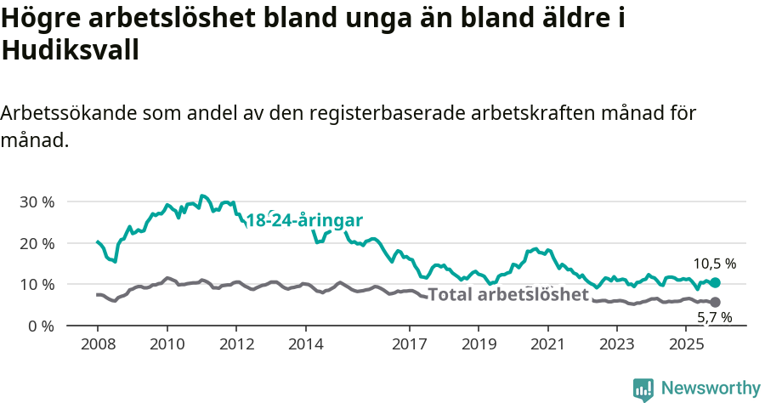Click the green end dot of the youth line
pos(716,282)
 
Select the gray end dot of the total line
pos(716,302)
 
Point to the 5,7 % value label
pos(714,318)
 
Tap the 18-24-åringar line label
pos(304,220)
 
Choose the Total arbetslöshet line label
pos(508,294)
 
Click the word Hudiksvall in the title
pos(71,51)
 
